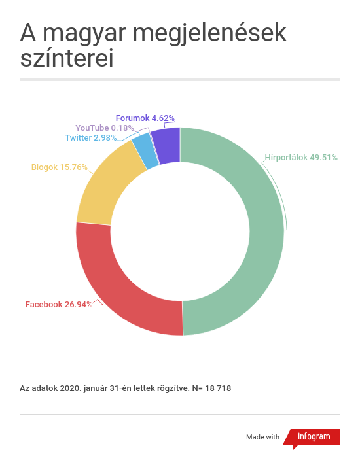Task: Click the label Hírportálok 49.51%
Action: tap(300, 157)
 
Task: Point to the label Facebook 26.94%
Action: tap(58, 305)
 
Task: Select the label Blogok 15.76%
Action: tap(59, 167)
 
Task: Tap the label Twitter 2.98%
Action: tap(90, 138)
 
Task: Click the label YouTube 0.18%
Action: tap(104, 128)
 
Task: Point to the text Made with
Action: tap(262, 437)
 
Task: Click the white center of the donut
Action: tap(180, 232)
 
